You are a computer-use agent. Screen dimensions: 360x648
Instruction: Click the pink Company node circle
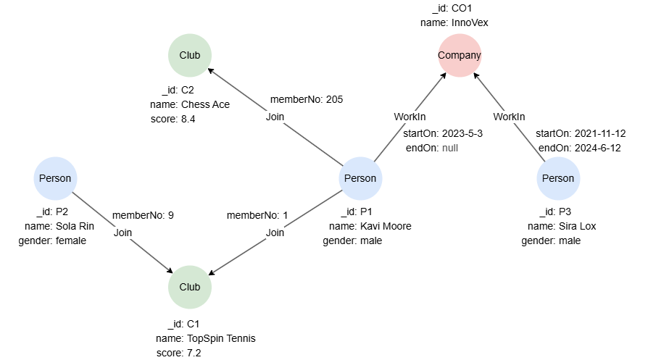click(460, 55)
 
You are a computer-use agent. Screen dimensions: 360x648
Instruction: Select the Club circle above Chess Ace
click(190, 55)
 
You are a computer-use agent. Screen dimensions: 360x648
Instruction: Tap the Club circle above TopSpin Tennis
click(190, 287)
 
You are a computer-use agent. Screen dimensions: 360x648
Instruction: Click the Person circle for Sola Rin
click(56, 178)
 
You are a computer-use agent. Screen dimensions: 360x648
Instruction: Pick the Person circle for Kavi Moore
click(360, 178)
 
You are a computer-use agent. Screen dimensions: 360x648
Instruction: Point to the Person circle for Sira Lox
click(558, 178)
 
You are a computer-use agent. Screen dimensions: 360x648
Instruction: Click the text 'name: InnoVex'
click(454, 22)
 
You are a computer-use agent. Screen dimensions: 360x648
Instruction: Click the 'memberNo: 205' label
click(307, 99)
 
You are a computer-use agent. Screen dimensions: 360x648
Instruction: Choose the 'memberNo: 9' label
click(143, 215)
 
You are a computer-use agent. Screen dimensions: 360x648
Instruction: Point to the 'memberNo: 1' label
click(257, 215)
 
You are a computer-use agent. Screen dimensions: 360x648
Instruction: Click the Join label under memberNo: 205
click(275, 117)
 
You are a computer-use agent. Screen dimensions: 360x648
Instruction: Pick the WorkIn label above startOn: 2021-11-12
click(509, 117)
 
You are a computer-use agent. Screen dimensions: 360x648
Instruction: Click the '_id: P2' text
click(51, 212)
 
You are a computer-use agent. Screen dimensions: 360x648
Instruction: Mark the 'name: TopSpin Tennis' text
click(205, 338)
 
